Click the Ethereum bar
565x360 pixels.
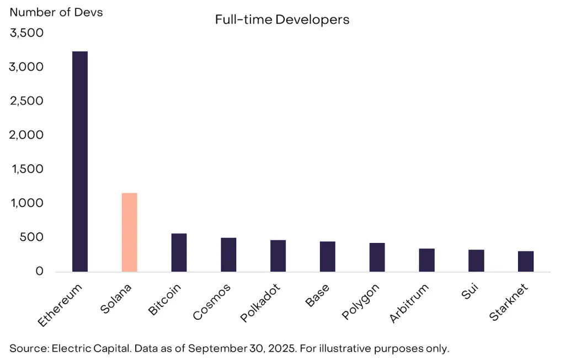pyautogui.click(x=80, y=161)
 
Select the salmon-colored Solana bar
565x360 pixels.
pyautogui.click(x=129, y=232)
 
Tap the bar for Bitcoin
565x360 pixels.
pyautogui.click(x=179, y=252)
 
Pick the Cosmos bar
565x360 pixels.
pyautogui.click(x=228, y=255)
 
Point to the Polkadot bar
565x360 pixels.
pyautogui.click(x=278, y=256)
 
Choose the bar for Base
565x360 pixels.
pyautogui.click(x=327, y=256)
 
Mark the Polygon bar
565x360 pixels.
pyautogui.click(x=377, y=257)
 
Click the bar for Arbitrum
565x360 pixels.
pyautogui.click(x=427, y=260)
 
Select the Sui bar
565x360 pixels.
pyautogui.click(x=476, y=261)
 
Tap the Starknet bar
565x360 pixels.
pyautogui.click(x=526, y=261)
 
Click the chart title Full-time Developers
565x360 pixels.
pyautogui.click(x=282, y=20)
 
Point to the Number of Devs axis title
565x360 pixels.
pyautogui.click(x=56, y=12)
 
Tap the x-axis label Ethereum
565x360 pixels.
pyautogui.click(x=61, y=304)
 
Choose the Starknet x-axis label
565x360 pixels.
pyautogui.click(x=509, y=302)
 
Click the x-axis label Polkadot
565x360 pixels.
pyautogui.click(x=261, y=303)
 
